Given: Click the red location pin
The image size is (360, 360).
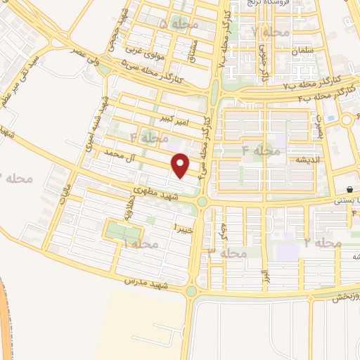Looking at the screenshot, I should (181, 165).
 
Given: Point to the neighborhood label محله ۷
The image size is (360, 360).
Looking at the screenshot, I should (271, 32).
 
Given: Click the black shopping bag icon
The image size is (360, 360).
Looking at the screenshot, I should (349, 190).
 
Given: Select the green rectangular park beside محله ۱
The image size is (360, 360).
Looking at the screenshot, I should (118, 229).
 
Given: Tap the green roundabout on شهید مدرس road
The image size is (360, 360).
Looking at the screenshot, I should (191, 290).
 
